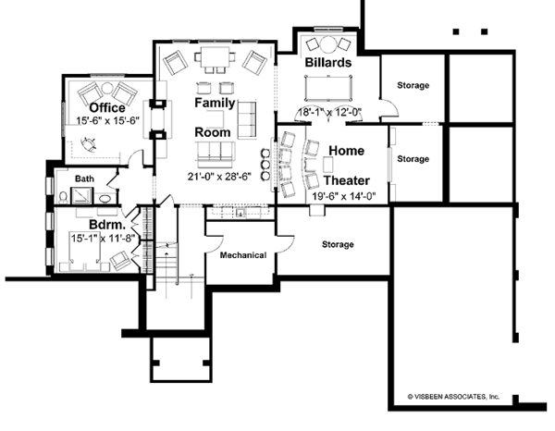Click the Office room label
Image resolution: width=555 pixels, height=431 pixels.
coord(107,107)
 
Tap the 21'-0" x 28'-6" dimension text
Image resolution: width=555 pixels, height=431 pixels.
coord(219,177)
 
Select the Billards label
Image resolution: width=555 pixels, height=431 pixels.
coord(328,62)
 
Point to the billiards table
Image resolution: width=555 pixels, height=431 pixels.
coord(328,88)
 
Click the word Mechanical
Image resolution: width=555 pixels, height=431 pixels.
coord(243,255)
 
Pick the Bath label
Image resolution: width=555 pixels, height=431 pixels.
coord(84,179)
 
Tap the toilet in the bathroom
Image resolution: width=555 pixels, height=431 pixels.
coord(63,197)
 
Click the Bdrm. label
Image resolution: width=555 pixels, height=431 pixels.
coord(107,225)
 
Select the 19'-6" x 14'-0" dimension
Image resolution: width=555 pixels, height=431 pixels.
coord(344,196)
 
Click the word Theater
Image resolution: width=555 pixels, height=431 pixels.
coord(347,180)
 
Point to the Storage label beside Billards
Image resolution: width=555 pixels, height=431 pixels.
coord(413,85)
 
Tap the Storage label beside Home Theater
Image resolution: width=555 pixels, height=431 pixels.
coord(413,159)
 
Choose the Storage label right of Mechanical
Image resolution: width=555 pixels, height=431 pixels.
coord(338,244)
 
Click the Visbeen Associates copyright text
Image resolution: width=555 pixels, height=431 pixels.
coord(453,397)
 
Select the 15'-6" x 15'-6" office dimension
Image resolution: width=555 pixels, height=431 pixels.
coord(108,120)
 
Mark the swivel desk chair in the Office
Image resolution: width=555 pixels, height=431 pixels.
coord(89,144)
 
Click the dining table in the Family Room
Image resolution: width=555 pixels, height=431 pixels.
coord(215,57)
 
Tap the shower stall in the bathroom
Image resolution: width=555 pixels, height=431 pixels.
coord(81,196)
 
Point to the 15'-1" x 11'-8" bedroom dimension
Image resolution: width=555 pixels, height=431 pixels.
coord(103,239)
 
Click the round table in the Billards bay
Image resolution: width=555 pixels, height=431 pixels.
coord(327,44)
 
